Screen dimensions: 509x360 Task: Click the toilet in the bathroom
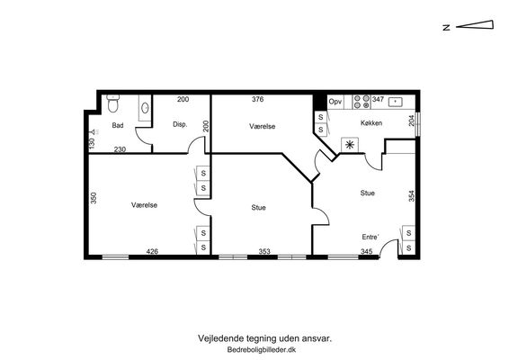(x=113, y=103)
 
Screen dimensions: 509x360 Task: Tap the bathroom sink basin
(x=145, y=107)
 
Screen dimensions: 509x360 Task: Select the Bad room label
(x=118, y=125)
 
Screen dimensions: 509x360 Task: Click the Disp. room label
(x=180, y=124)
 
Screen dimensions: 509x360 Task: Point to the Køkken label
(x=371, y=122)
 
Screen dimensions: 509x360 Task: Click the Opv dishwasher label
(x=335, y=102)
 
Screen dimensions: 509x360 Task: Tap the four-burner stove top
(x=362, y=102)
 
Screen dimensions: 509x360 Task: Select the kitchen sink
(x=395, y=102)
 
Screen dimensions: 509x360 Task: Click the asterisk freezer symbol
(x=350, y=145)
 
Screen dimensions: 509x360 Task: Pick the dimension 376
(x=258, y=99)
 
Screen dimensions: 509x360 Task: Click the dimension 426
(x=152, y=251)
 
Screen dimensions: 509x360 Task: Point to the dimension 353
(x=264, y=251)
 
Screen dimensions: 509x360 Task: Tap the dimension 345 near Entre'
(x=367, y=251)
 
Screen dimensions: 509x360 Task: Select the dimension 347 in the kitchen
(x=378, y=99)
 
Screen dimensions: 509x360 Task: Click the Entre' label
(x=371, y=237)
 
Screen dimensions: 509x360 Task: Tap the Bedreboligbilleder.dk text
(x=262, y=350)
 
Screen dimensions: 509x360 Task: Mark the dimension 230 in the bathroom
(x=120, y=149)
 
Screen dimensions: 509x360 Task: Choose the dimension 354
(x=412, y=196)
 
